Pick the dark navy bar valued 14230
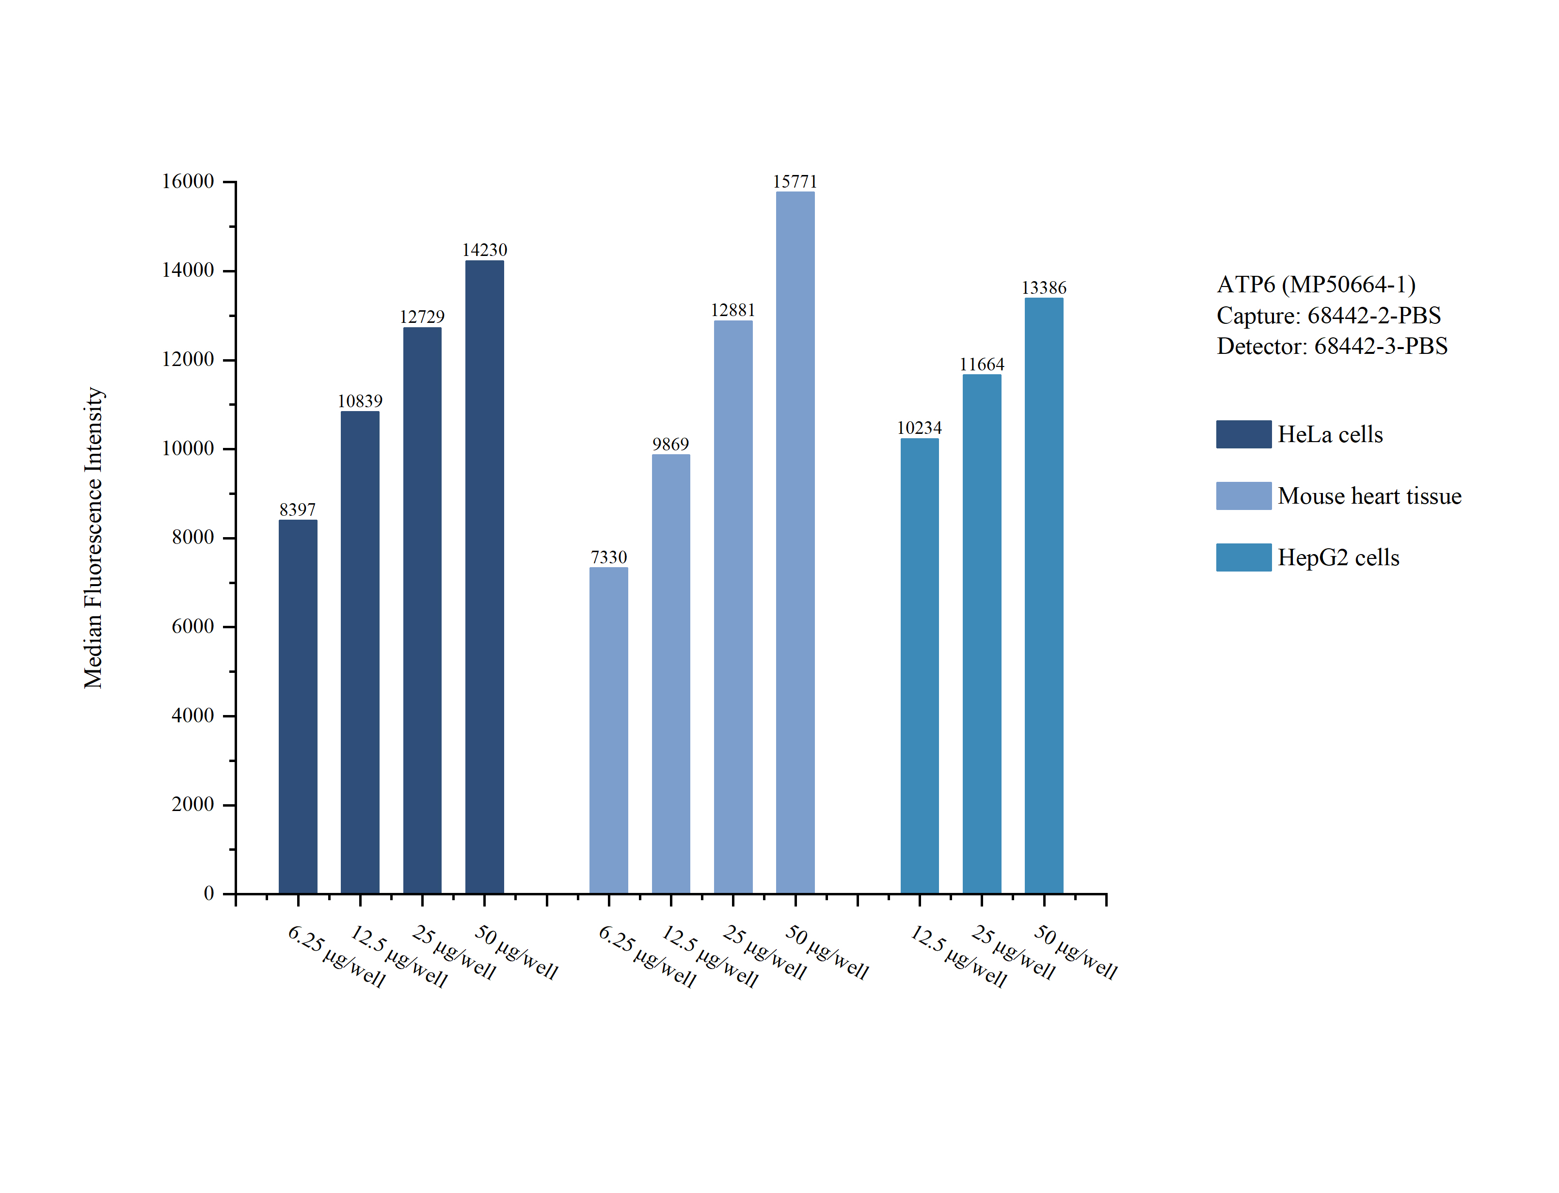pos(484,576)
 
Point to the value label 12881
pos(732,310)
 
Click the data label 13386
pos(1044,287)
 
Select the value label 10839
pos(360,401)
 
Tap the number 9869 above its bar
pos(670,445)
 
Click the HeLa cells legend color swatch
pos(1243,434)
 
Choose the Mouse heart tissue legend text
pos(1369,495)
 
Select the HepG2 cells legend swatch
pos(1243,557)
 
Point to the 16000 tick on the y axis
pos(188,181)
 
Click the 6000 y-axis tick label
pos(192,626)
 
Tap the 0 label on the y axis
pos(209,893)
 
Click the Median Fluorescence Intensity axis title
pos(93,538)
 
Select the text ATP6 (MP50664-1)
pos(1316,284)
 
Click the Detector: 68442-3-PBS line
pos(1332,346)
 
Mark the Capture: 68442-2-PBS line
pos(1328,315)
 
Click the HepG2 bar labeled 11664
pos(981,634)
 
